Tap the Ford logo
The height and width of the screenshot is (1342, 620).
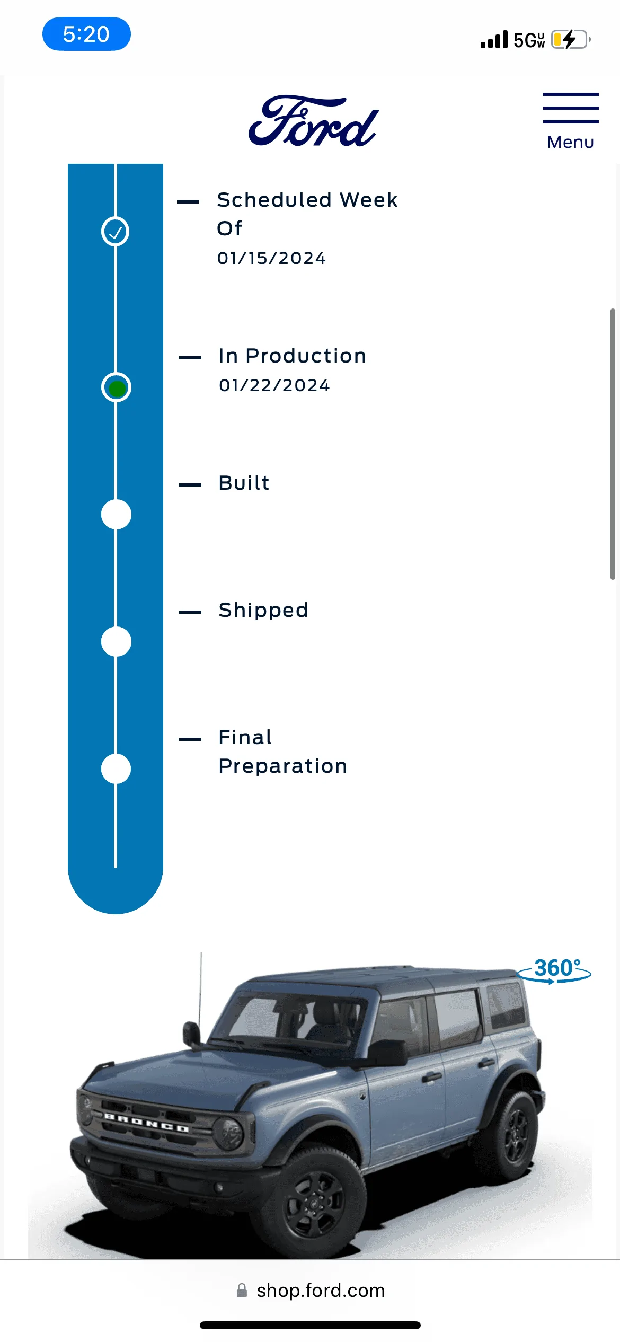coord(314,121)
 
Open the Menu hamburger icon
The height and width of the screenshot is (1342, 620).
coord(571,108)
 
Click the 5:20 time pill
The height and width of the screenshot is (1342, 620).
coord(86,34)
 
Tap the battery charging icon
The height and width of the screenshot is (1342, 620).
coord(571,39)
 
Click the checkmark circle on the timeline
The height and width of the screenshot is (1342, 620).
coord(116,232)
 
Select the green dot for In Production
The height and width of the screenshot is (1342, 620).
coord(117,388)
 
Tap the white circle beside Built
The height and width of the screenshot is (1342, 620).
coord(116,514)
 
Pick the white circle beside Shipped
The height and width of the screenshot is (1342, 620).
coord(116,641)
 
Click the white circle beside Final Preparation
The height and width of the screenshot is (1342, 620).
coord(116,769)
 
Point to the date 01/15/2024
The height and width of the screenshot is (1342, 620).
coord(271,258)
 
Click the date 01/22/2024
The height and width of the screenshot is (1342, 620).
coord(274,385)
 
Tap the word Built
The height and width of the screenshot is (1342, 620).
coord(244,483)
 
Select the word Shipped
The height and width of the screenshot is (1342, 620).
coord(263,611)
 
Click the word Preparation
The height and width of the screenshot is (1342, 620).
coord(283,766)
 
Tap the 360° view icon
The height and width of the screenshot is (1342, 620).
coord(554,970)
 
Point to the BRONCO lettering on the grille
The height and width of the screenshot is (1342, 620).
coord(146,1123)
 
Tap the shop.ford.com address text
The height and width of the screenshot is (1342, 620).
coord(321,1291)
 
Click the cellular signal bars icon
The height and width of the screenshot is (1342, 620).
coord(494,39)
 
